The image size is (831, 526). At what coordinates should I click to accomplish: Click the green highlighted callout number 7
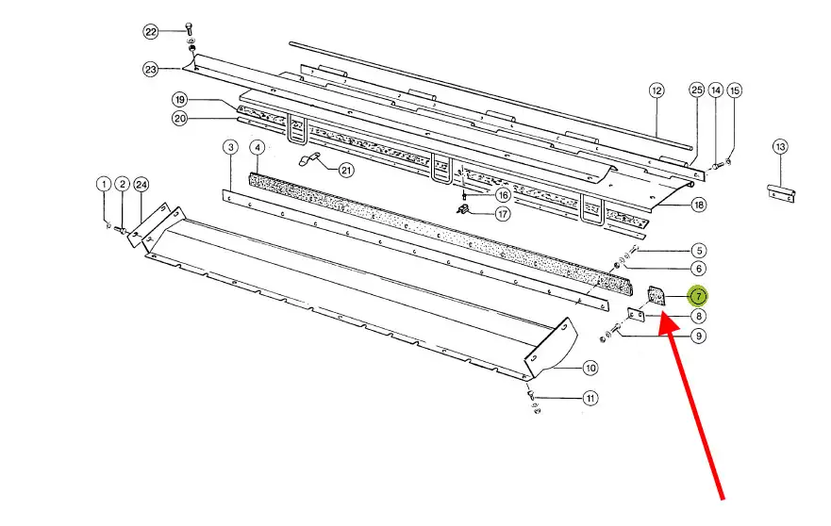pyautogui.click(x=698, y=296)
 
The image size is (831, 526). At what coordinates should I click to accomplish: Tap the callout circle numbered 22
pyautogui.click(x=151, y=32)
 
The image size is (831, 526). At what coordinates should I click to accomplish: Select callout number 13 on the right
pyautogui.click(x=780, y=147)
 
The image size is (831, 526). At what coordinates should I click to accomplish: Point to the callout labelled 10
pyautogui.click(x=590, y=368)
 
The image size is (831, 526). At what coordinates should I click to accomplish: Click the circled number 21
pyautogui.click(x=346, y=170)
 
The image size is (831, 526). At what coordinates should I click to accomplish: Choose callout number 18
pyautogui.click(x=699, y=205)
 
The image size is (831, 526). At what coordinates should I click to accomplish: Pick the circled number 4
pyautogui.click(x=258, y=147)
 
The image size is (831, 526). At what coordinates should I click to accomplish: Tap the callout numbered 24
pyautogui.click(x=141, y=185)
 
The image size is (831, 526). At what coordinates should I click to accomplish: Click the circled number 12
pyautogui.click(x=656, y=90)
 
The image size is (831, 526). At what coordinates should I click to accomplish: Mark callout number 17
pyautogui.click(x=503, y=213)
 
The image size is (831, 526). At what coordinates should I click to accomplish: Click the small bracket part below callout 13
pyautogui.click(x=782, y=193)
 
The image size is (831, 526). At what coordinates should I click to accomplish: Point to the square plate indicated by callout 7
pyautogui.click(x=657, y=297)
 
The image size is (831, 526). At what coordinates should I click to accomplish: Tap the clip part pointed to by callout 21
pyautogui.click(x=309, y=160)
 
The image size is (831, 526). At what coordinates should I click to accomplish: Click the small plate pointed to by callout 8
pyautogui.click(x=636, y=316)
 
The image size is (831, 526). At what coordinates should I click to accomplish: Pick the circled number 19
pyautogui.click(x=180, y=100)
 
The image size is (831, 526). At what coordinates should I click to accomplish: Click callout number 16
pyautogui.click(x=503, y=195)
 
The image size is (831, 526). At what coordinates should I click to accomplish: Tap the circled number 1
pyautogui.click(x=104, y=185)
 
